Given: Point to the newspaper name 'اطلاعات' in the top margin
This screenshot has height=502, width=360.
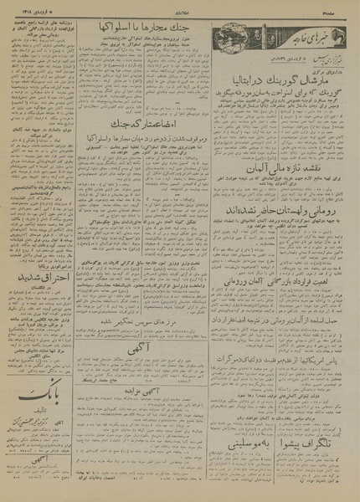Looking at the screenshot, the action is point(180,8).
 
